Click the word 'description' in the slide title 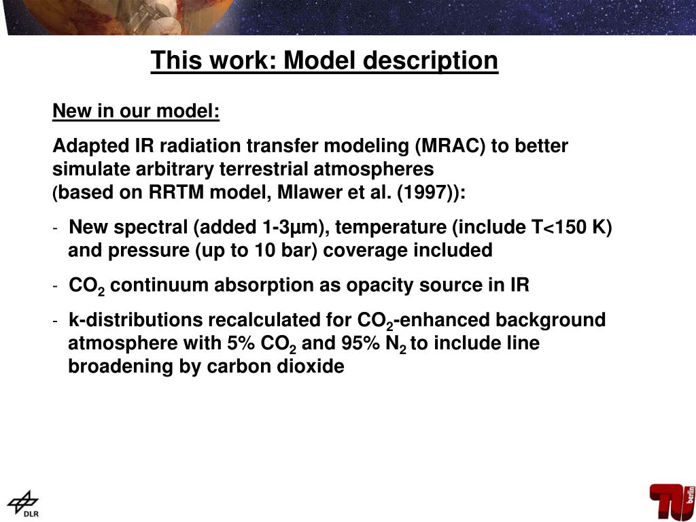tap(430, 60)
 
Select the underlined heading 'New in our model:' tap(136, 111)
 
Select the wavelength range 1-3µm tap(289, 227)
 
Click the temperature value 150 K tap(576, 227)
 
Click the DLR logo tap(24, 504)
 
